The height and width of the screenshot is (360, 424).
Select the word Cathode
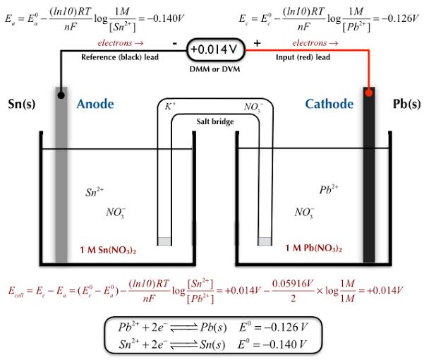329,104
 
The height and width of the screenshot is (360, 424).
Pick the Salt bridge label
214,121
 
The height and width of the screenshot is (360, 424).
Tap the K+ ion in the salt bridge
171,107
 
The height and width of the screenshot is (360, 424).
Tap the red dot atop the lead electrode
368,92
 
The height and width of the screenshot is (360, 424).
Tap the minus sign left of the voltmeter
174,43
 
